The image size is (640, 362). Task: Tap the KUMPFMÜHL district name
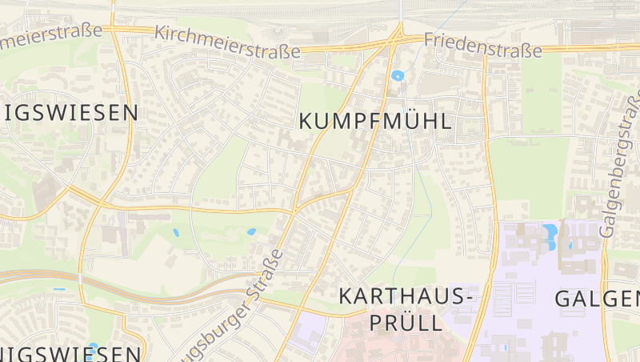click(x=374, y=122)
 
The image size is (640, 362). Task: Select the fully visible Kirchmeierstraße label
click(x=227, y=42)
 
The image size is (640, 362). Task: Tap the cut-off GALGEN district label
click(x=597, y=300)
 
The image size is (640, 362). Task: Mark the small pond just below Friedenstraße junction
click(x=398, y=76)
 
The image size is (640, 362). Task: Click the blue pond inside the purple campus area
click(x=550, y=234)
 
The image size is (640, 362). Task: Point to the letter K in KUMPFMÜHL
click(x=306, y=122)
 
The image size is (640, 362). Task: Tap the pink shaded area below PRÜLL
click(x=400, y=346)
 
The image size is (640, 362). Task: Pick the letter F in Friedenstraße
click(x=430, y=38)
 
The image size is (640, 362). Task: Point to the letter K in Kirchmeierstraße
click(x=159, y=32)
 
